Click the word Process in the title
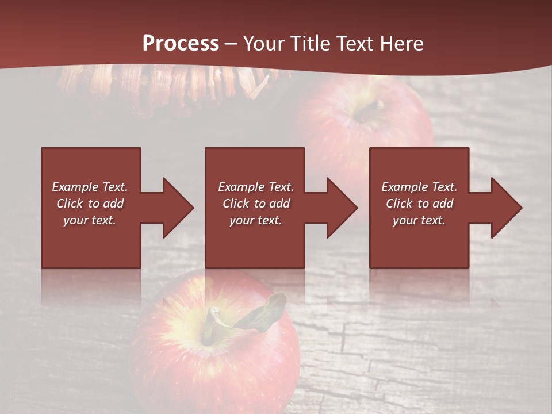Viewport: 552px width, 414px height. point(181,43)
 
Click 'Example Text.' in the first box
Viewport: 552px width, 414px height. point(90,187)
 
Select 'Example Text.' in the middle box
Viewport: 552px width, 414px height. point(256,187)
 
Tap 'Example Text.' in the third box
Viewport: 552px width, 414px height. point(419,187)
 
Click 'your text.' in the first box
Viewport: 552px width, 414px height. point(90,220)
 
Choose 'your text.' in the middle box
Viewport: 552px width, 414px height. point(255,220)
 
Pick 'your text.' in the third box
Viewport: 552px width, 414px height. point(419,220)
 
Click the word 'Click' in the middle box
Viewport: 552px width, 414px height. point(236,204)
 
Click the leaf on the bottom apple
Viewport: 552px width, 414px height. point(267,313)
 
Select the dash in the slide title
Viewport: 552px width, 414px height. point(231,44)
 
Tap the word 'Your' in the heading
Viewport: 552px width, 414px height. point(262,43)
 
